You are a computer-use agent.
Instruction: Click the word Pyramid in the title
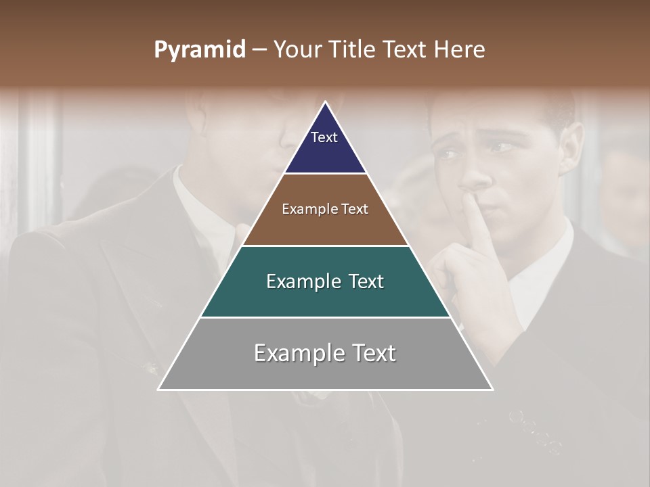199,50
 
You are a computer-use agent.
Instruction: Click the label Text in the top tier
324,137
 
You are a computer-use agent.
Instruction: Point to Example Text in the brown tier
325,209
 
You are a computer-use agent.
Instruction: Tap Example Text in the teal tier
325,281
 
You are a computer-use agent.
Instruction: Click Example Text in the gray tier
325,353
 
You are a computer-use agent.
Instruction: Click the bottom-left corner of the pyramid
159,389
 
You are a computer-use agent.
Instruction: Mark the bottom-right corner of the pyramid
492,389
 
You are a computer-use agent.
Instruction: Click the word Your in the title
296,50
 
